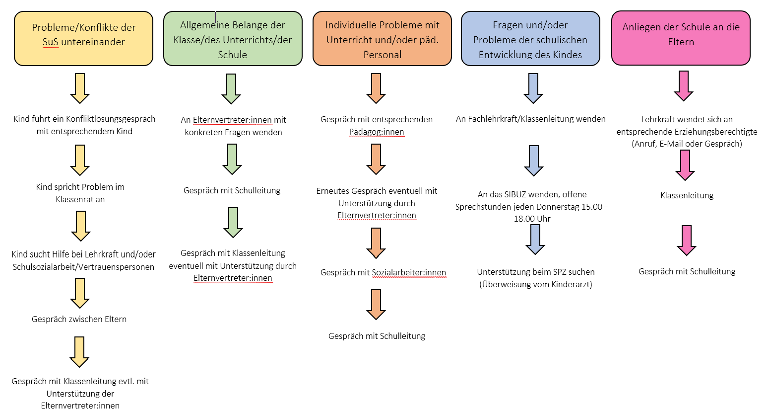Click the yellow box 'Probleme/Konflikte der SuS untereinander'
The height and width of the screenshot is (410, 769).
pos(83,38)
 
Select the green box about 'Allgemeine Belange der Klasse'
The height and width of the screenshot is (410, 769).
pos(233,39)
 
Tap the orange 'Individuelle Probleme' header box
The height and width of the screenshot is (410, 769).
pos(382,39)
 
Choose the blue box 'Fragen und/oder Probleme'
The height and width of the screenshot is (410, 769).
pos(530,39)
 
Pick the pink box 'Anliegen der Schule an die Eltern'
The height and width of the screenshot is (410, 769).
pos(681,38)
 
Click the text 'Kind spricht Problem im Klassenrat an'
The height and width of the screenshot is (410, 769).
pos(80,193)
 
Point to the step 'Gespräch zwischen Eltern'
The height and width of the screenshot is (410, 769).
pos(79,319)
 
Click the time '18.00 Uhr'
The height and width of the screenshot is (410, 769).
pos(532,219)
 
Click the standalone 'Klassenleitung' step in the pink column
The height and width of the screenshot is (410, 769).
pos(687,195)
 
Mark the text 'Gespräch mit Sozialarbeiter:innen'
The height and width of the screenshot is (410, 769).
pos(383,272)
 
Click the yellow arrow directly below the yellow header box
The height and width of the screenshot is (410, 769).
pos(80,88)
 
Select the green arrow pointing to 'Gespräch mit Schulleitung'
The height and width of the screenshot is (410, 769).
pos(232,159)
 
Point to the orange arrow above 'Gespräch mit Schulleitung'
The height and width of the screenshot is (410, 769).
pos(376,304)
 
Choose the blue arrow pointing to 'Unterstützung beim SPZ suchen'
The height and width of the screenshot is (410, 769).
pos(535,240)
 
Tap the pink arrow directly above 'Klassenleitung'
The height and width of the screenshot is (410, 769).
pos(685,165)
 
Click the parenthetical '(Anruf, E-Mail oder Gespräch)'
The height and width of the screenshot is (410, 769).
pos(687,144)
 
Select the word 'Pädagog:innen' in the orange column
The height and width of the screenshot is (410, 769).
pos(377,132)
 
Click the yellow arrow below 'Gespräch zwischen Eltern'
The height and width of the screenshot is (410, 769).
pos(79,352)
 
